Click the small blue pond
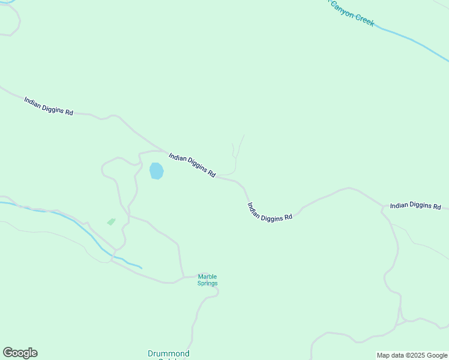[x=156, y=171]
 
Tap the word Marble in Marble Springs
[x=208, y=277]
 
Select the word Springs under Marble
[x=208, y=283]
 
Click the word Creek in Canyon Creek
[x=364, y=19]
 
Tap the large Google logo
[x=20, y=353]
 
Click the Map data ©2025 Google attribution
[x=412, y=355]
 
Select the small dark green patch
[x=111, y=221]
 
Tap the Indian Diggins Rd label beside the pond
[x=192, y=164]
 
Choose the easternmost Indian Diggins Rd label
[x=415, y=206]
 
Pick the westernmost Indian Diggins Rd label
[x=49, y=106]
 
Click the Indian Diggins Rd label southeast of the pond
[x=270, y=212]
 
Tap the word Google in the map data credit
[x=438, y=355]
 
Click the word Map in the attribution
[x=384, y=355]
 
